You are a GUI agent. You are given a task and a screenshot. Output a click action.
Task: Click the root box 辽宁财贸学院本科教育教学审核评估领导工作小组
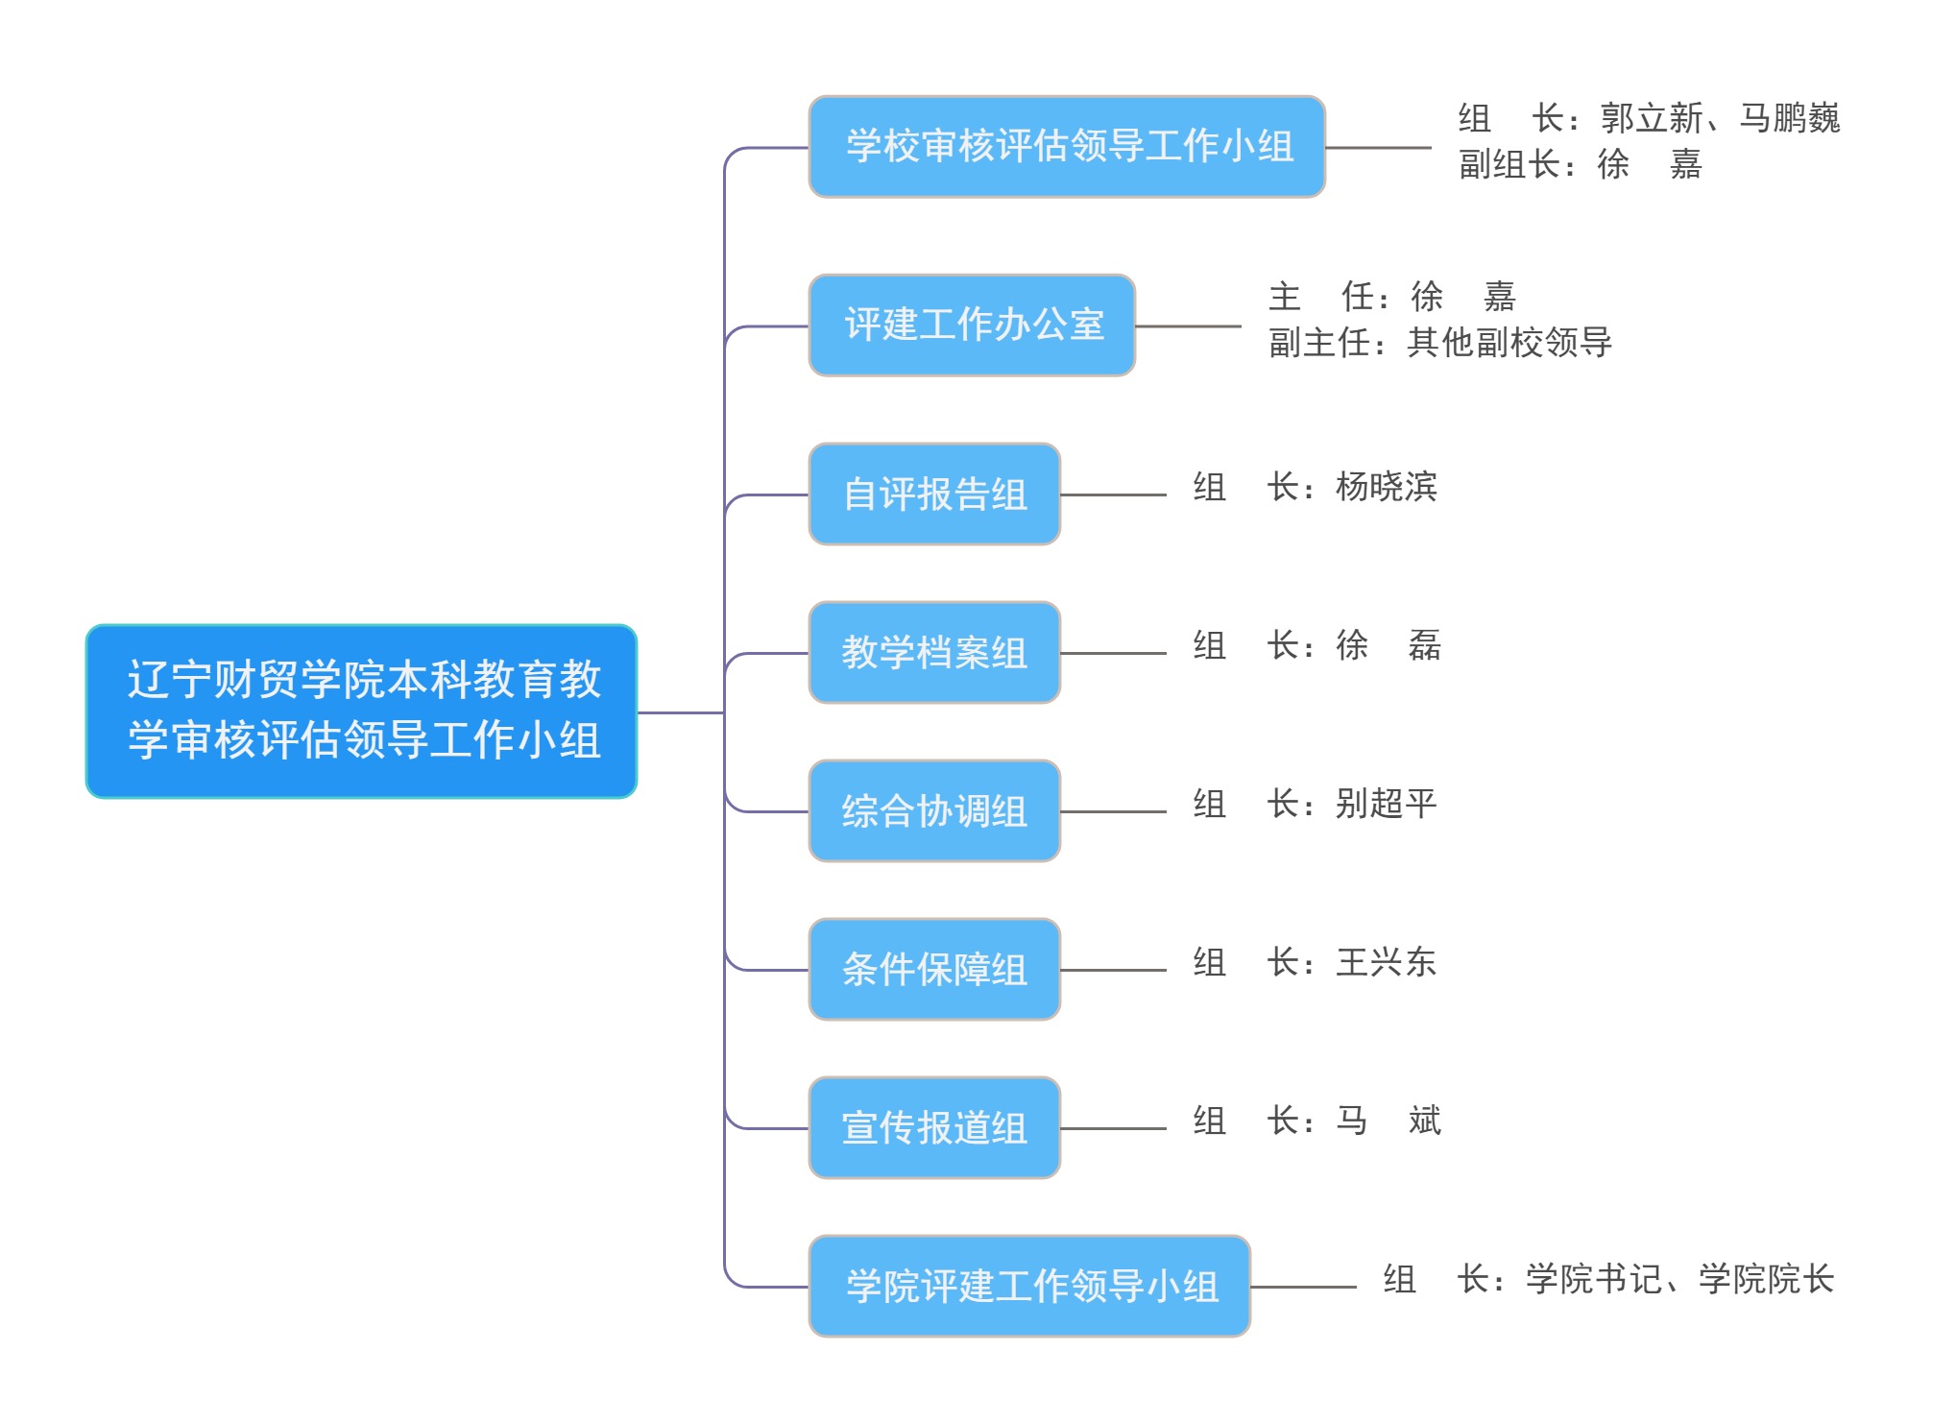pos(361,711)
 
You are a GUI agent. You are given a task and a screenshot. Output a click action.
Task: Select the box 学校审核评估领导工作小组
pos(1067,147)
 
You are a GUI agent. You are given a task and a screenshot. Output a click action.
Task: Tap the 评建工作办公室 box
pos(972,326)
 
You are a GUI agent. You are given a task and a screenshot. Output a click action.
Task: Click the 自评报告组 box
pos(934,494)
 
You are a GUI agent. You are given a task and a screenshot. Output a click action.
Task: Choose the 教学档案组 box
pos(934,653)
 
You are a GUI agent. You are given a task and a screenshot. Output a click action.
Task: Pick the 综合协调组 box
pos(934,811)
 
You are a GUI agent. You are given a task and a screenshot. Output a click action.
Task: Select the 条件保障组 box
pos(934,970)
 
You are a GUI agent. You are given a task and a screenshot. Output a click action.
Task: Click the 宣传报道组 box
pos(934,1128)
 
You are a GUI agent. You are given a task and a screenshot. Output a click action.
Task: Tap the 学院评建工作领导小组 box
pos(1029,1287)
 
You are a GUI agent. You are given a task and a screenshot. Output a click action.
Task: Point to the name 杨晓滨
pos(1386,487)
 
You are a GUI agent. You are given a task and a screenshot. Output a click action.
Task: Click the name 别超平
pos(1386,804)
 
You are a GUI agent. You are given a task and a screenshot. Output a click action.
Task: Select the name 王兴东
pos(1386,962)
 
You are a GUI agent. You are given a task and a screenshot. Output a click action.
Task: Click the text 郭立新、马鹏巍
pos(1719,118)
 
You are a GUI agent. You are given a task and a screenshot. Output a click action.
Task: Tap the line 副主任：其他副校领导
pos(1439,343)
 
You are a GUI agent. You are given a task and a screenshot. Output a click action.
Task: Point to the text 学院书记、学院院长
pos(1679,1279)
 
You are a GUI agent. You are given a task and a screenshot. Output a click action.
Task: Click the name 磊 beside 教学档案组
pos(1424,645)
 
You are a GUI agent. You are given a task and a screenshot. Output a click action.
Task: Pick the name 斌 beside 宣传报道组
pos(1424,1121)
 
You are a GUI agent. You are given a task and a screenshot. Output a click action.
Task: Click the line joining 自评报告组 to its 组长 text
pos(1113,495)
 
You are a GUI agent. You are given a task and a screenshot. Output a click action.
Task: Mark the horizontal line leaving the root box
pos(680,712)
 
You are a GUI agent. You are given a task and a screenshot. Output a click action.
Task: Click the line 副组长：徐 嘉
pos(1580,164)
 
